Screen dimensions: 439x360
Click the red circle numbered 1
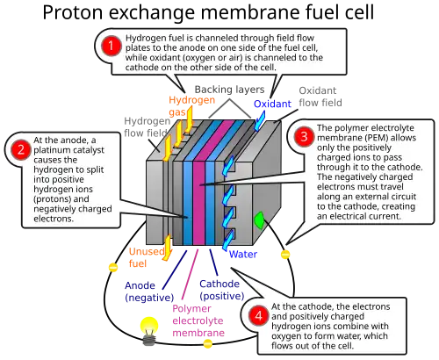(111, 46)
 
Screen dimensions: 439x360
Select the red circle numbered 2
(21, 149)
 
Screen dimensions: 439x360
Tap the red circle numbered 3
(304, 137)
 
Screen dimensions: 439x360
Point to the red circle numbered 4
(259, 315)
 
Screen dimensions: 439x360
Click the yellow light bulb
(149, 331)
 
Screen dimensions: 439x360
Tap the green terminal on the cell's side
(259, 220)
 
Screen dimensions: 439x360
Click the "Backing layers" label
(229, 90)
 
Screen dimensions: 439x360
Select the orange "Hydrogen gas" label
(191, 106)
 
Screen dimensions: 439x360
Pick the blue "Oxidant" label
(272, 104)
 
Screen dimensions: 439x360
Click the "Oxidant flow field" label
(320, 97)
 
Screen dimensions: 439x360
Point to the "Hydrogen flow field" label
(147, 127)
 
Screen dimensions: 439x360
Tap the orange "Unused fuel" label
(147, 257)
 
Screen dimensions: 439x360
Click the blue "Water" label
(243, 254)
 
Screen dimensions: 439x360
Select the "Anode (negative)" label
(149, 292)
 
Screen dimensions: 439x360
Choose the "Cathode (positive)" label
(222, 290)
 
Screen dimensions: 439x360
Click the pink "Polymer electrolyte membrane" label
(198, 320)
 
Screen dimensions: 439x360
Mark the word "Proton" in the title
(73, 12)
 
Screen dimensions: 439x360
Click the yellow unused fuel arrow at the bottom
(168, 248)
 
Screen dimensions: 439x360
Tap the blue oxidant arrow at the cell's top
(259, 122)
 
